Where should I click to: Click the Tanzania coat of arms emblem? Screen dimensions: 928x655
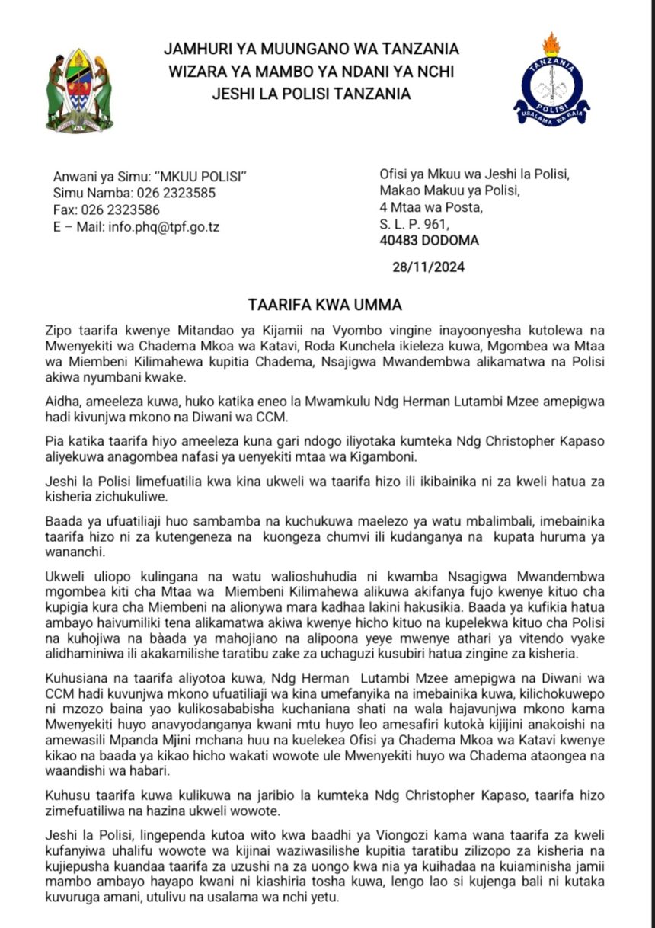coord(79,91)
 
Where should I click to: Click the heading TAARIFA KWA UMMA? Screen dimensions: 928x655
coord(324,305)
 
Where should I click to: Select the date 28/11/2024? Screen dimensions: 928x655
coord(428,267)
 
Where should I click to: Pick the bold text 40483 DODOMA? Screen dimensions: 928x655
coord(429,241)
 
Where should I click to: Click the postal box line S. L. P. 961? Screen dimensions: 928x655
coord(414,224)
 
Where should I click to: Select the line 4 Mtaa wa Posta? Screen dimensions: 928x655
coord(430,207)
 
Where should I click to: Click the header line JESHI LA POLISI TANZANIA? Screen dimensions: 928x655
coord(311,94)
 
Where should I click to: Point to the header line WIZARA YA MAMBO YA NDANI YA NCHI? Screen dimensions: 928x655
coord(311,72)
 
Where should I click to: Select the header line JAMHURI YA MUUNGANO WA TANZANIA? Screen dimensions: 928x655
coord(311,50)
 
